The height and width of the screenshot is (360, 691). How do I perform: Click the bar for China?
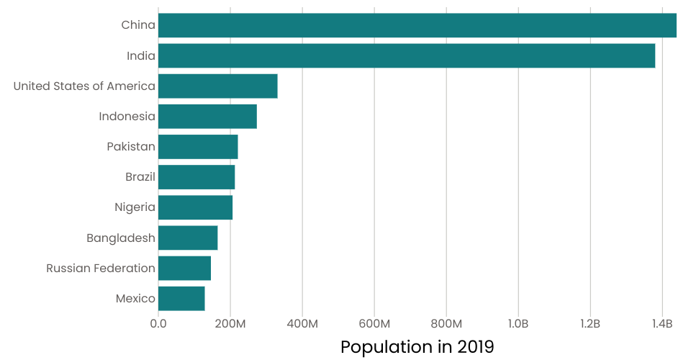tap(417, 25)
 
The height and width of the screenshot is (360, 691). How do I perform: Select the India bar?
tap(407, 55)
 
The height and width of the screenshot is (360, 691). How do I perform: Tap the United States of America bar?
tap(218, 86)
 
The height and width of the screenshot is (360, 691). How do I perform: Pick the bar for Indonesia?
tap(207, 117)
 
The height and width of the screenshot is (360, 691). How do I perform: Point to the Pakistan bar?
tap(198, 147)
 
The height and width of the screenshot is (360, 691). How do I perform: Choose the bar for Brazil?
tap(197, 177)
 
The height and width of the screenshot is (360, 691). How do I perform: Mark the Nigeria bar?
tap(196, 207)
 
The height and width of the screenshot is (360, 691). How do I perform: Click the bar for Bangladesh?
tap(188, 238)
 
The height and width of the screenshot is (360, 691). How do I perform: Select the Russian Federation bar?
tap(185, 268)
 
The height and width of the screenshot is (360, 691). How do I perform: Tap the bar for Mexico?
tap(181, 298)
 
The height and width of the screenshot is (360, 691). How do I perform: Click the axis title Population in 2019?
tap(417, 347)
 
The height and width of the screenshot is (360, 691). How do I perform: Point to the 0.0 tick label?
tap(158, 324)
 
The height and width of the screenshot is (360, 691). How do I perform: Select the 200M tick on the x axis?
tap(230, 324)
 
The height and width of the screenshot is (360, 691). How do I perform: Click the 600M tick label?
tap(374, 324)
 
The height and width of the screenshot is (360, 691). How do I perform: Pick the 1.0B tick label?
tap(518, 324)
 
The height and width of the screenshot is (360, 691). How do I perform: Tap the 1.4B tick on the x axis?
tap(662, 324)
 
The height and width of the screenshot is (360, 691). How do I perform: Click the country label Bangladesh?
tap(121, 238)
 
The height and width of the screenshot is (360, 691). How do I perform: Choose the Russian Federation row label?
tap(101, 269)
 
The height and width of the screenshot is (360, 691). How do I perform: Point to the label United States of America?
tap(84, 86)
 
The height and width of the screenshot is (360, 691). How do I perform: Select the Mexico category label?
tap(135, 299)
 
